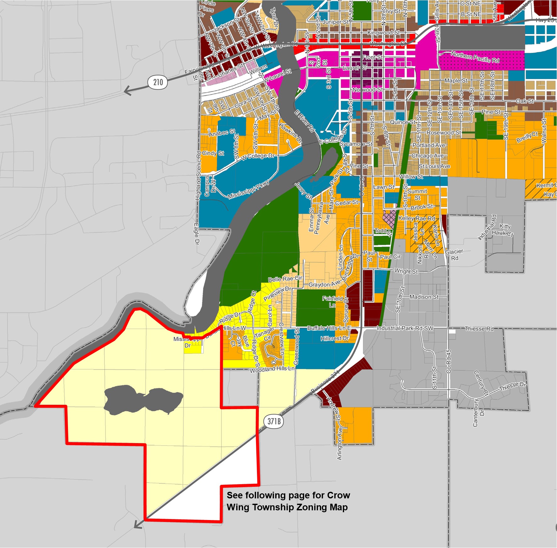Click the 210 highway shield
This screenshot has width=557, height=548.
(158, 83)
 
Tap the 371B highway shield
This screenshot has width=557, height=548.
(274, 421)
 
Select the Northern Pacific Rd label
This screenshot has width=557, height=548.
(475, 57)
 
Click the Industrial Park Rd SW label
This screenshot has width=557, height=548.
(405, 328)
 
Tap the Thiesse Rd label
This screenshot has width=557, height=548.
(479, 329)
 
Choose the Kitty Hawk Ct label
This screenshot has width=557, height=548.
(503, 230)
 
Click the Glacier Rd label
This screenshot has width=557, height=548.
(454, 255)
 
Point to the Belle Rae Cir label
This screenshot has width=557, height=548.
(285, 279)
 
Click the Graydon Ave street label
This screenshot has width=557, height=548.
(324, 284)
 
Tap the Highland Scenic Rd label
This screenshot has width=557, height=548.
(198, 176)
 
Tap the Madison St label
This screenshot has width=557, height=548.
(424, 297)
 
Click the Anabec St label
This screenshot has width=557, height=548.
(222, 133)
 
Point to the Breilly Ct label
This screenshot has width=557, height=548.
(527, 137)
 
